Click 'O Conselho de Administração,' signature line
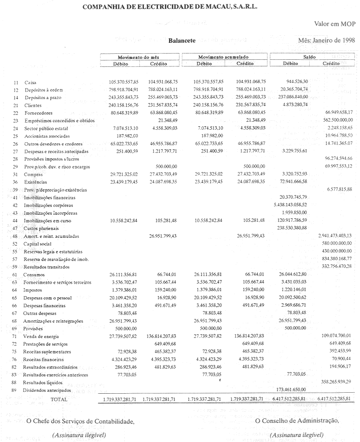tap(297, 421)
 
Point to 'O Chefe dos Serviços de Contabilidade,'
tap(80, 421)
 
